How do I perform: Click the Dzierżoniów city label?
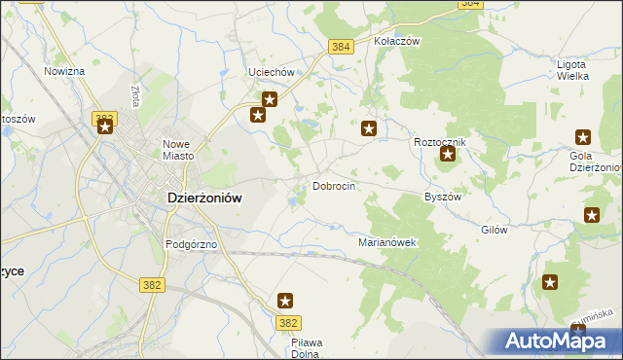[x=198, y=197]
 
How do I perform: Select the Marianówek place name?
[x=387, y=242]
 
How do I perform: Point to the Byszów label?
[x=442, y=196]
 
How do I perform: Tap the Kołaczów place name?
[x=396, y=42]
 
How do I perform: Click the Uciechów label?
[x=272, y=73]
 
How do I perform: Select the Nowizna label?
[x=64, y=71]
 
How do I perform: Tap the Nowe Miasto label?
[x=179, y=150]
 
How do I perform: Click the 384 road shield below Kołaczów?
[x=340, y=47]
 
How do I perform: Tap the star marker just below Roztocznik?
[x=448, y=154]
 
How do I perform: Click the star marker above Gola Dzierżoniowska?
[x=583, y=137]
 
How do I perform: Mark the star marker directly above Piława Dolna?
[x=285, y=301]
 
